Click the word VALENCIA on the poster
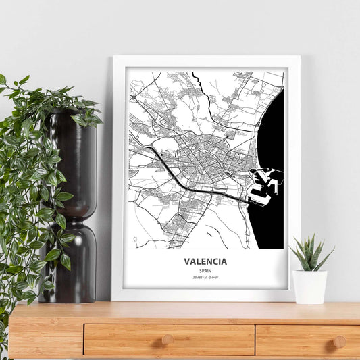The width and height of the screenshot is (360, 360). coord(205,261)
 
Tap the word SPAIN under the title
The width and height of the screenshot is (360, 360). coord(205,270)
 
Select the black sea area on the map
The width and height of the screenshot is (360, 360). coord(270,135)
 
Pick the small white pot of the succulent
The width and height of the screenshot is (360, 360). coord(310,286)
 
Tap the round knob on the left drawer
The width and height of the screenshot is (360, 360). coord(168,340)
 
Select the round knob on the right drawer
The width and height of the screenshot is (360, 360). coord(340,341)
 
